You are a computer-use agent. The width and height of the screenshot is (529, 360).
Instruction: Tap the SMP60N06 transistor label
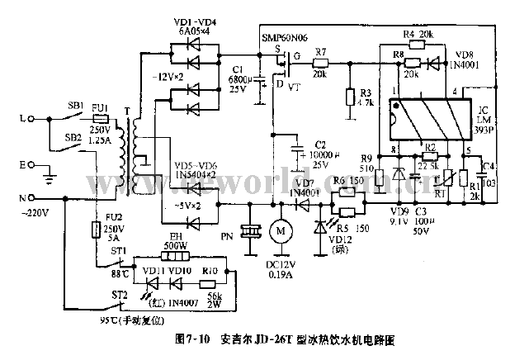tap(284, 37)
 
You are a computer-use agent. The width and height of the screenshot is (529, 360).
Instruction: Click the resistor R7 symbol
tap(322, 63)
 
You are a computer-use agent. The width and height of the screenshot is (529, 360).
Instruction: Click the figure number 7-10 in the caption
tap(199, 339)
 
